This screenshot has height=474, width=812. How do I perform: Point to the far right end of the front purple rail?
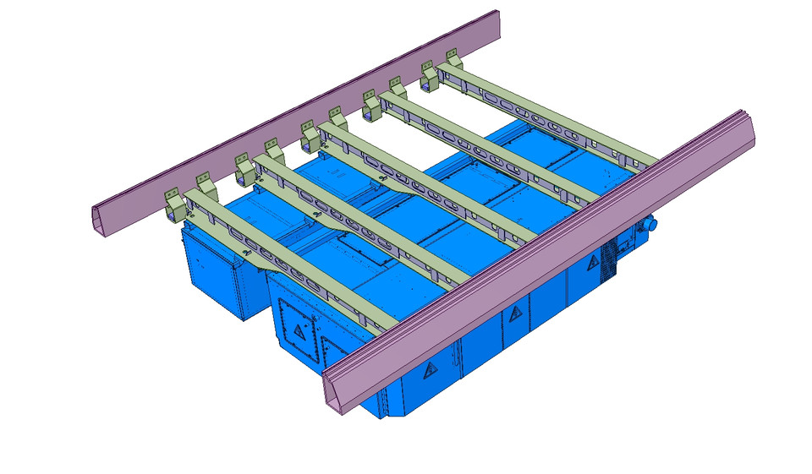(749, 127)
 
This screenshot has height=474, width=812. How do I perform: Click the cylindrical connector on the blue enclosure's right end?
(650, 225)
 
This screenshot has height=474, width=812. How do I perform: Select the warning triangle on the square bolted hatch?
(298, 331)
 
